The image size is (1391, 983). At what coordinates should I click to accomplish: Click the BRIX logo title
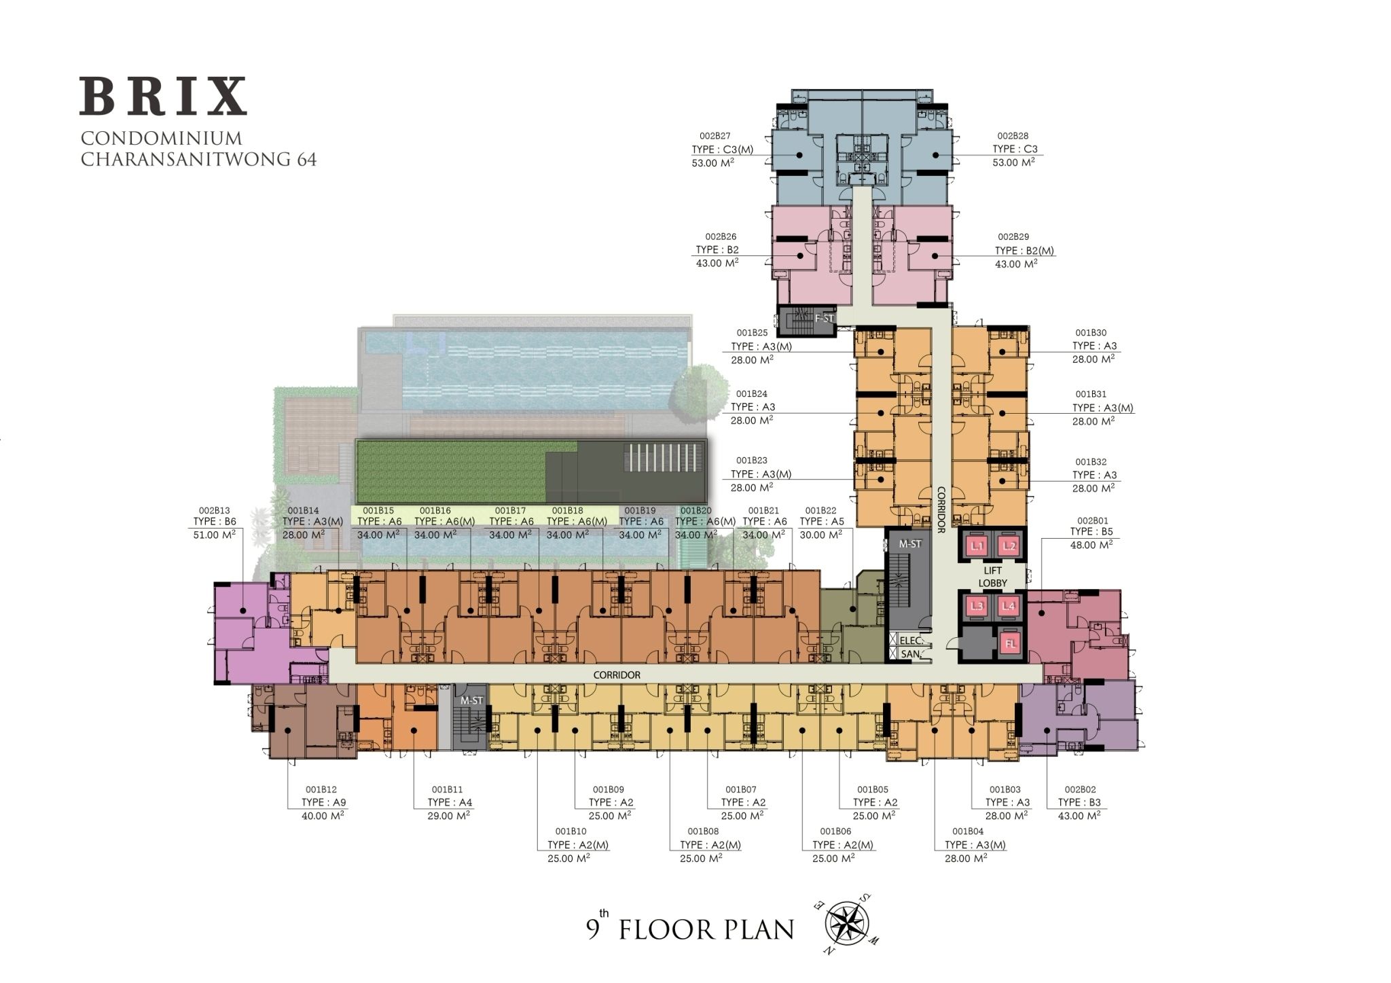[x=163, y=96]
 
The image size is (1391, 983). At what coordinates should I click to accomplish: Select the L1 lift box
[x=977, y=546]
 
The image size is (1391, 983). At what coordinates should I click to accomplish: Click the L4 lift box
[x=1010, y=607]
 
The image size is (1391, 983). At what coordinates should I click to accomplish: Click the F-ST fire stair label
[x=823, y=317]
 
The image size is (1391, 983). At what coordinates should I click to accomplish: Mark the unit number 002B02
[x=1080, y=789]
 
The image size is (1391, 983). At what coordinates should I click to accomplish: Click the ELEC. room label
[x=909, y=640]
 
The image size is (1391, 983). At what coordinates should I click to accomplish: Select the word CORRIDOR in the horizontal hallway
[x=617, y=675]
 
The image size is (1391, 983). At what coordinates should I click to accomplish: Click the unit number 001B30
[x=1091, y=333]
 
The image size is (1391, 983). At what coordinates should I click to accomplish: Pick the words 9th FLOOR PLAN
[x=690, y=928]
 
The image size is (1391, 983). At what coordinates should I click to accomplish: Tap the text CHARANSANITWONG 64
[x=198, y=160]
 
